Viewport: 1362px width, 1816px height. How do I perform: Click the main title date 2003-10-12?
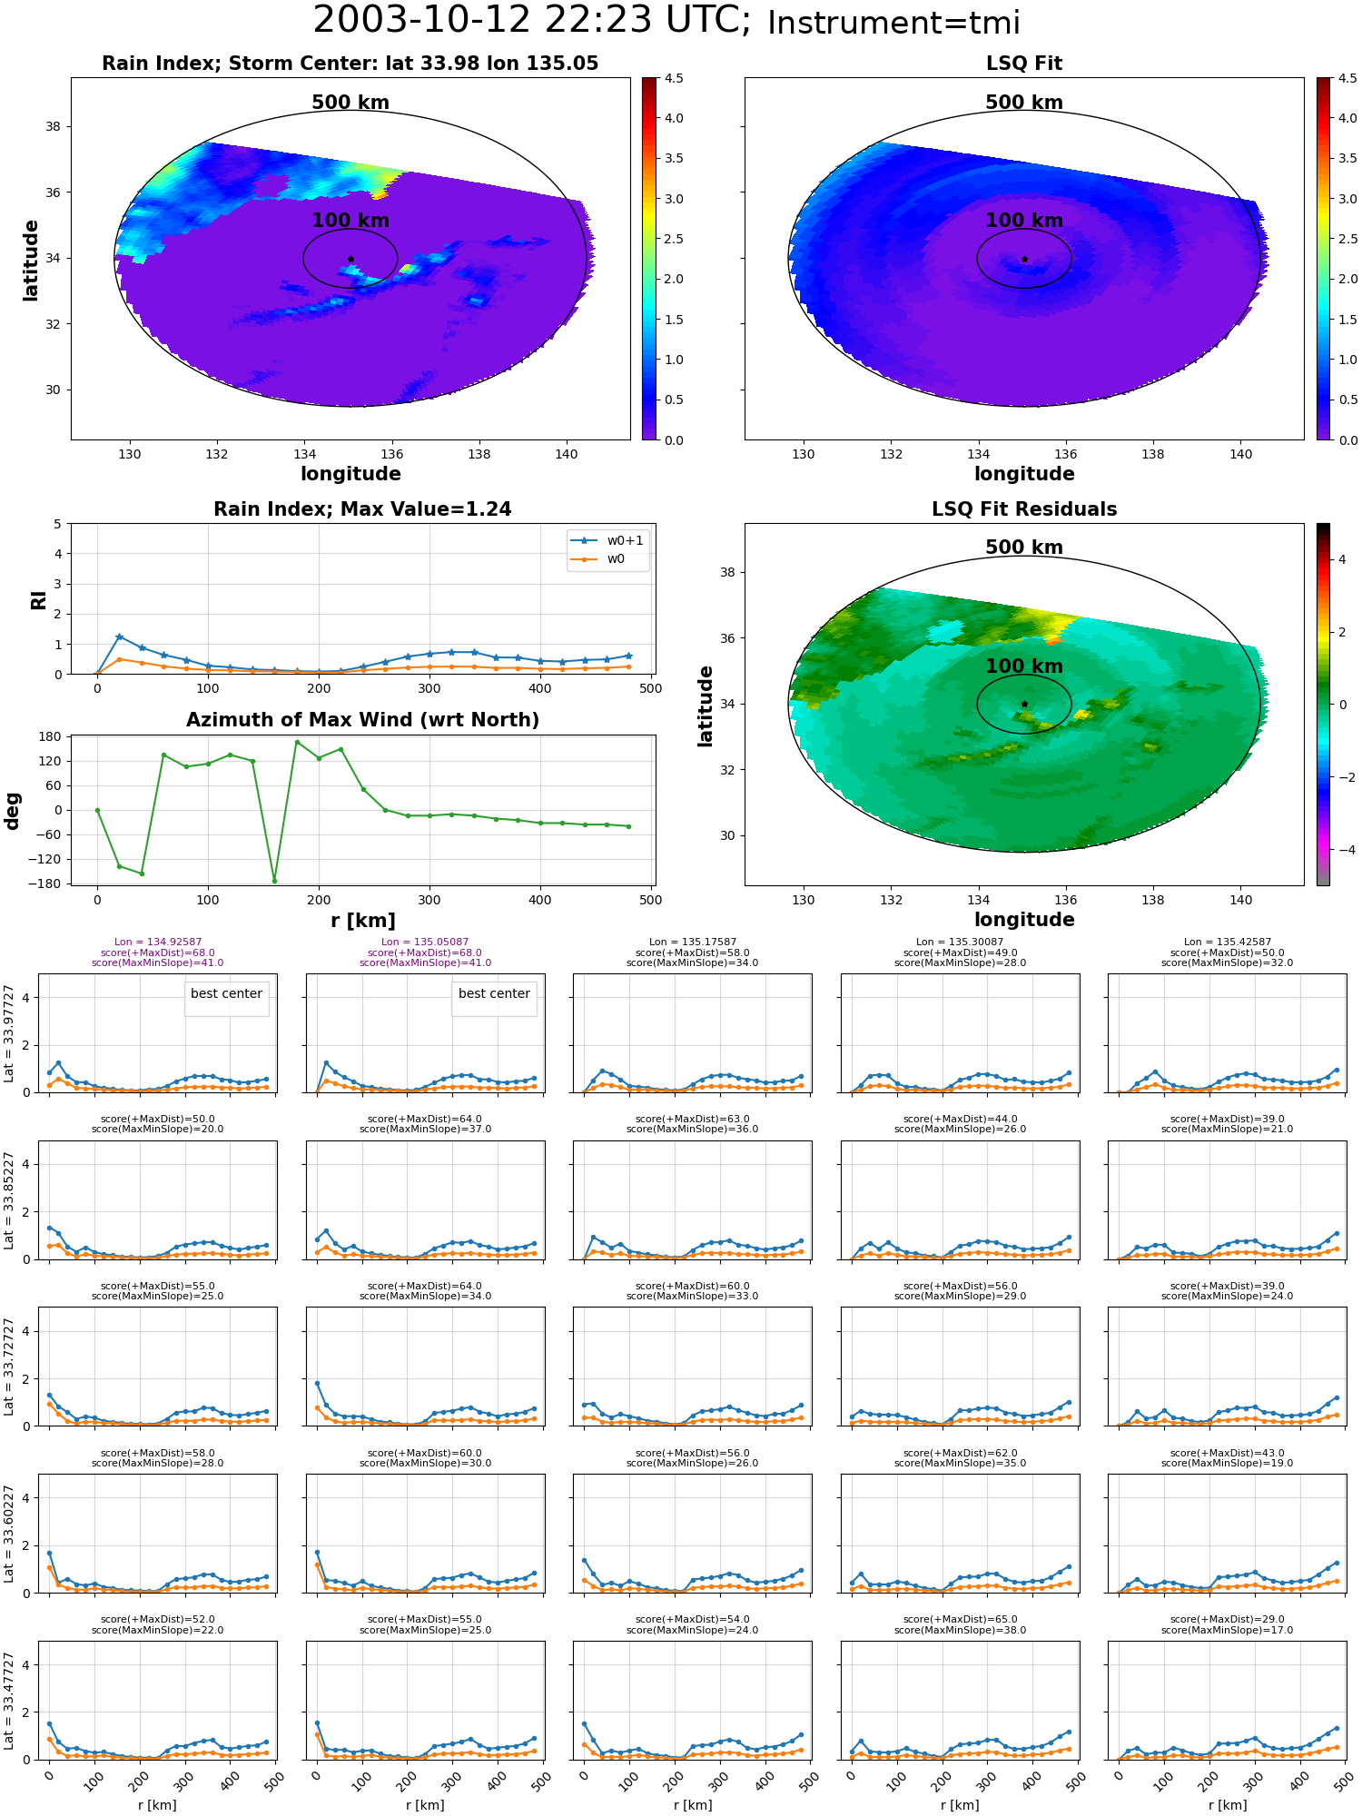(x=437, y=20)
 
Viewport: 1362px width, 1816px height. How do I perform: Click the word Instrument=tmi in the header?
(x=893, y=24)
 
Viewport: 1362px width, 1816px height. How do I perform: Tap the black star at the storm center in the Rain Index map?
(x=350, y=259)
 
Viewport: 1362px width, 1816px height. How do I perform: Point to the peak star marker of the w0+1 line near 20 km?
(x=119, y=637)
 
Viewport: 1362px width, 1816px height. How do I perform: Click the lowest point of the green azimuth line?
(x=274, y=881)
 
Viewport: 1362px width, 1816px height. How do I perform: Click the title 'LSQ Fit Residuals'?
(x=1024, y=509)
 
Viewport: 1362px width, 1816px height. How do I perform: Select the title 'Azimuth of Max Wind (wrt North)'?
(x=362, y=720)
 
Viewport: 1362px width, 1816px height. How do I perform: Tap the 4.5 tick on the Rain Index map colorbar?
(x=673, y=78)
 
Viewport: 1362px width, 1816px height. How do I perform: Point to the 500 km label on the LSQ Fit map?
(x=1024, y=103)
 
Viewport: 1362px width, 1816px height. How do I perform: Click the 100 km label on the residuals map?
(x=1024, y=666)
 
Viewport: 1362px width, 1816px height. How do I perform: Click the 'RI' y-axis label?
(x=39, y=599)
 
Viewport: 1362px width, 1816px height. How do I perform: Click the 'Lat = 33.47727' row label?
(x=9, y=1701)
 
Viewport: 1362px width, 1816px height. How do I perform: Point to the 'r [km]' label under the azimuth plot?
(x=362, y=921)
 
